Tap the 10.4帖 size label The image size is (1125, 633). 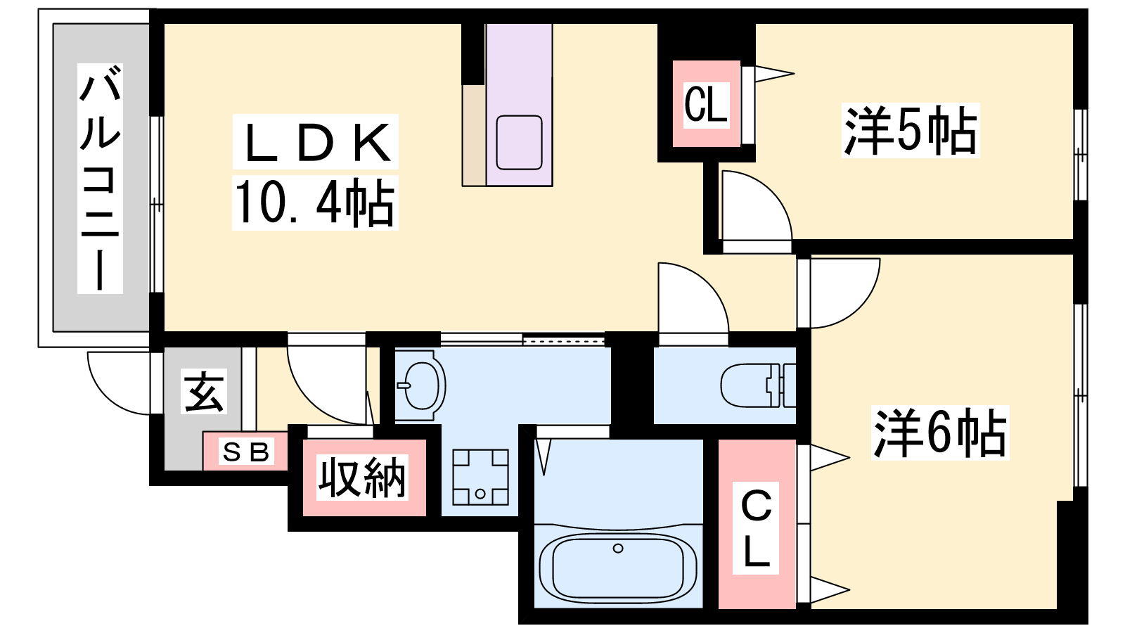pos(314,203)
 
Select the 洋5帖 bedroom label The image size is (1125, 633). pos(911,131)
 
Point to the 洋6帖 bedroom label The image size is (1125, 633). pos(940,433)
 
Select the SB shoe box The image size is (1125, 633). pos(245,452)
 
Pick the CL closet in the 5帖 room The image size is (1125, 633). pos(706,105)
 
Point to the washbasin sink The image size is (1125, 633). pos(420,385)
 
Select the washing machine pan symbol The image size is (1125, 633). pos(480,477)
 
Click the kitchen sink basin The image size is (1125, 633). pos(519,143)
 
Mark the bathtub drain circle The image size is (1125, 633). pos(618,548)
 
